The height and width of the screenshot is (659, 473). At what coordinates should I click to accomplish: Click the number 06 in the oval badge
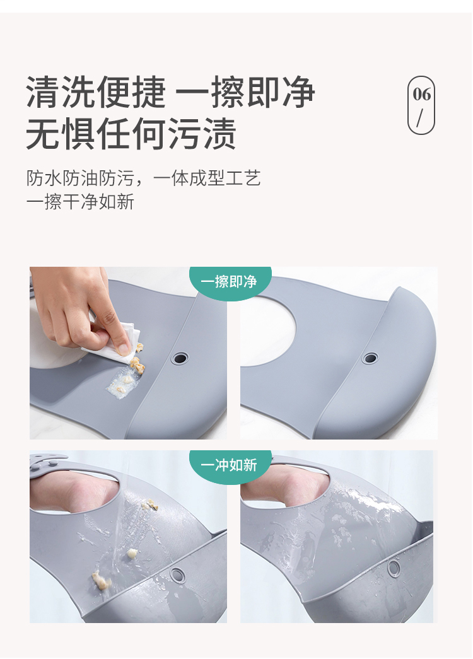[x=422, y=95]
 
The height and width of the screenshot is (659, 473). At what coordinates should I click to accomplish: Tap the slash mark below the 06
[x=421, y=118]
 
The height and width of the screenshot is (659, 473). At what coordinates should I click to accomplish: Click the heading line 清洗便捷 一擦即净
[x=170, y=92]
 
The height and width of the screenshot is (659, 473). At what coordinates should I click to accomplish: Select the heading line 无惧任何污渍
[x=131, y=134]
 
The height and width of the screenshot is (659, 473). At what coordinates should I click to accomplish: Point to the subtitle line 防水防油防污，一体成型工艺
[x=144, y=178]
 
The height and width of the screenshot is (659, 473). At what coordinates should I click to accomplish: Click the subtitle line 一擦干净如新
[x=80, y=202]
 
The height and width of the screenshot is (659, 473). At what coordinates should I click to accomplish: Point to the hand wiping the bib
[x=76, y=303]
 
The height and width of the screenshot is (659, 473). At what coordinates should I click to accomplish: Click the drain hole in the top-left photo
[x=180, y=358]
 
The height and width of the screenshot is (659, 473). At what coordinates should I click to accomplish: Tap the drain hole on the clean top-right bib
[x=370, y=358]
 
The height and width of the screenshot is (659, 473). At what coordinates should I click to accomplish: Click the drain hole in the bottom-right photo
[x=394, y=568]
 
